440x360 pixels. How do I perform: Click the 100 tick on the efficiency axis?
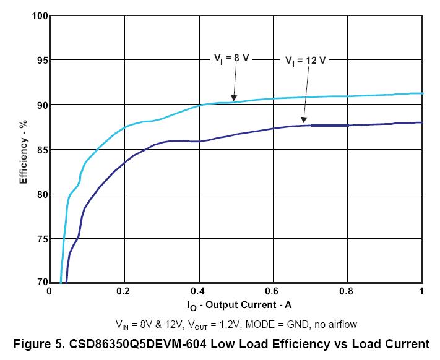tap(40, 15)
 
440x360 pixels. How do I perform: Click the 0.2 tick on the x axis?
tap(124, 291)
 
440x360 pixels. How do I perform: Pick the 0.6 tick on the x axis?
tap(273, 291)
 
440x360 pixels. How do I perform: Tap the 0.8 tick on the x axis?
tap(347, 291)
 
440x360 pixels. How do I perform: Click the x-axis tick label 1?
tap(421, 291)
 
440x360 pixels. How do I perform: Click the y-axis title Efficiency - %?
tap(24, 149)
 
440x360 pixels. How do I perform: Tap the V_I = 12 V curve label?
tap(305, 61)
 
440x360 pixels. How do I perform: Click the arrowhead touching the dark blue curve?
tap(303, 119)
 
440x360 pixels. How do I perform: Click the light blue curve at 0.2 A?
tap(124, 127)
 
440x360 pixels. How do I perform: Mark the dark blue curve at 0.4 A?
tap(199, 141)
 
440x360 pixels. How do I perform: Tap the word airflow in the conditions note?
tap(342, 324)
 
